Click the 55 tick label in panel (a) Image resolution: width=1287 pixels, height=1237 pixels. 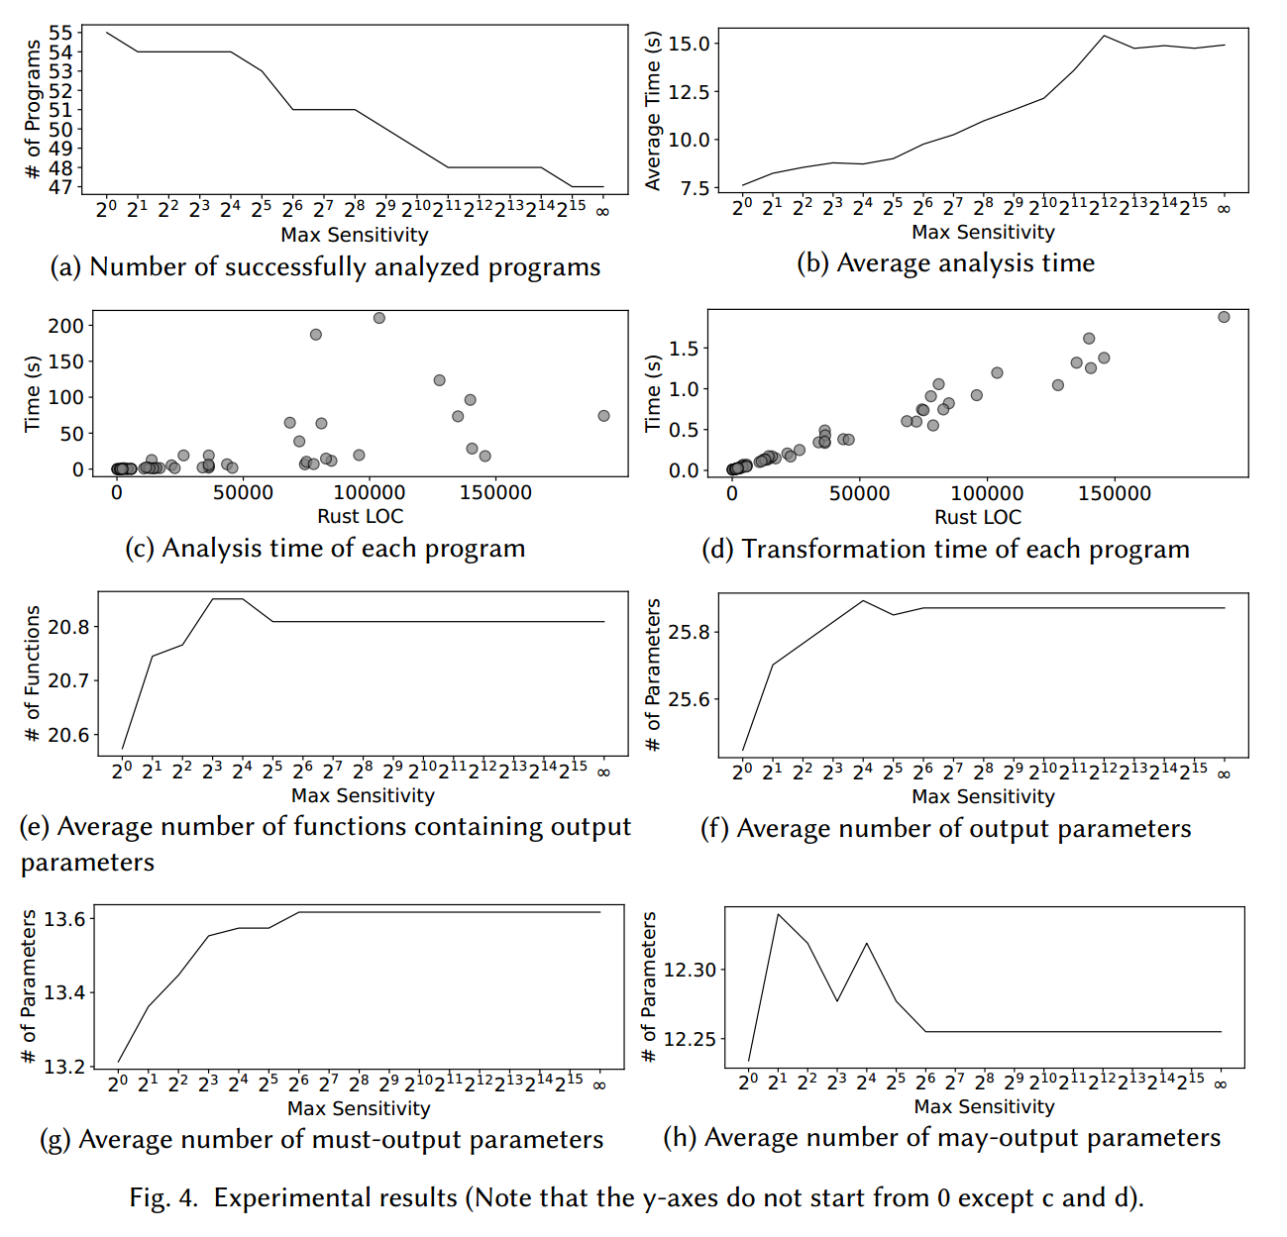pyautogui.click(x=60, y=34)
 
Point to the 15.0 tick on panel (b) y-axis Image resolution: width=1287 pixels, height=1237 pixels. pyautogui.click(x=689, y=44)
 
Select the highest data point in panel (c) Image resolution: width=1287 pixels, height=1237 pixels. pyautogui.click(x=378, y=318)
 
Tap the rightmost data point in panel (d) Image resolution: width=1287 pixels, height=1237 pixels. pyautogui.click(x=1224, y=317)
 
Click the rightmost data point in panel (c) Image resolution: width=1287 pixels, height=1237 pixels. pyautogui.click(x=603, y=416)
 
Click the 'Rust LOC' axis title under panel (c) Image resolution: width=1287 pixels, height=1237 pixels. pyautogui.click(x=360, y=516)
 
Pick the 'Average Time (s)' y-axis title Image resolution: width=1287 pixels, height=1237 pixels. pyautogui.click(x=653, y=111)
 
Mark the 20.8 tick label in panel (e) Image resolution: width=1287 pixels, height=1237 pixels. pyautogui.click(x=68, y=627)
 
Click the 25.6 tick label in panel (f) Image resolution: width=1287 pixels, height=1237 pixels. pyautogui.click(x=689, y=699)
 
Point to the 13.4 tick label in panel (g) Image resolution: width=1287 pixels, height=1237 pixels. pyautogui.click(x=63, y=992)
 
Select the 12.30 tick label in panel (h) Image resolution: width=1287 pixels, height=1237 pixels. pyautogui.click(x=689, y=970)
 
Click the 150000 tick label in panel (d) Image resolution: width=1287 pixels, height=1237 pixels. pyautogui.click(x=1115, y=493)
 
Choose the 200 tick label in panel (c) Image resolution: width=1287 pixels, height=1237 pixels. pyautogui.click(x=66, y=325)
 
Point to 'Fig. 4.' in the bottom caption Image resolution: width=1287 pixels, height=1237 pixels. pyautogui.click(x=163, y=1198)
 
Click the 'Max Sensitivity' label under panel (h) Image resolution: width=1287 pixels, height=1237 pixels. pyautogui.click(x=984, y=1106)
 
